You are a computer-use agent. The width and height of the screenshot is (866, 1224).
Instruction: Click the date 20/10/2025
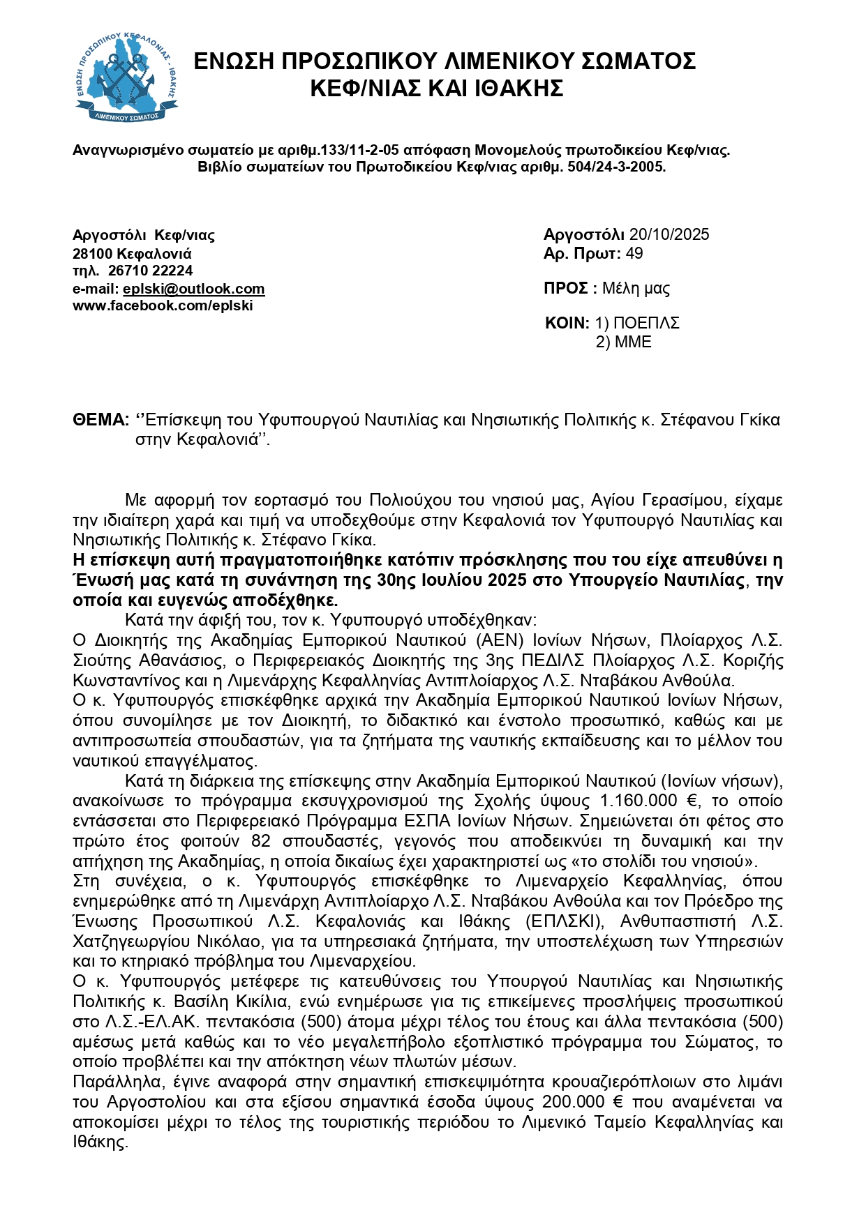(669, 234)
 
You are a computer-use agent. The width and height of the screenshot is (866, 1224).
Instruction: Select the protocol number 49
(634, 253)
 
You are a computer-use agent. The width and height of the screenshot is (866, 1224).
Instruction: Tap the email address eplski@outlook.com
(194, 289)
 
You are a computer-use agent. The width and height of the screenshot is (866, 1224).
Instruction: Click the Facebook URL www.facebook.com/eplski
(163, 305)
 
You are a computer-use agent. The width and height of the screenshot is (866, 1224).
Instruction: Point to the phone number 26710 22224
(151, 271)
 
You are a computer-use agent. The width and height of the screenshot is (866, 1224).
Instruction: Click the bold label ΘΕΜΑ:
(101, 420)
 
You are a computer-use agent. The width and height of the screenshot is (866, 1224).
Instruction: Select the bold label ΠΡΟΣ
(566, 289)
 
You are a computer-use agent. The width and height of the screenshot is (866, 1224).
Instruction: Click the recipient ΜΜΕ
(633, 342)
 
